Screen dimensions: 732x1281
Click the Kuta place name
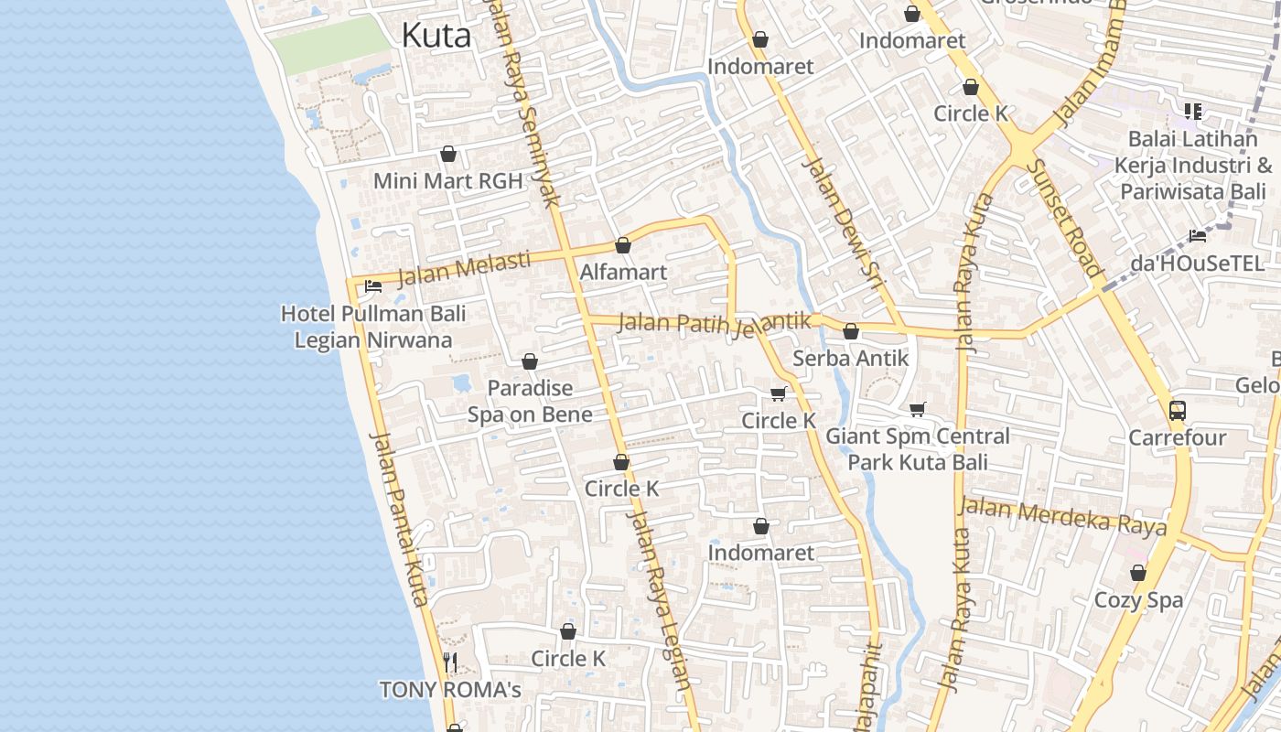(x=436, y=36)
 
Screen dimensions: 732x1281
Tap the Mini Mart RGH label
(x=447, y=181)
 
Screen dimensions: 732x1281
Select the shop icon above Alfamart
(x=623, y=245)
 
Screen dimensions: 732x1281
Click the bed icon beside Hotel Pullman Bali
(x=372, y=286)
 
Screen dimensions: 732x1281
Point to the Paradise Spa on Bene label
(x=530, y=401)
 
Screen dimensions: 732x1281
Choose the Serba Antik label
(x=851, y=358)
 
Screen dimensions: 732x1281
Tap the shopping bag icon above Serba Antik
(x=851, y=331)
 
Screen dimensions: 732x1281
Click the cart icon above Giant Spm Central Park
(x=918, y=409)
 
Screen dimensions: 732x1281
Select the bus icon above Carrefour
(x=1177, y=411)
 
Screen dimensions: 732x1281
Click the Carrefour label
(x=1177, y=437)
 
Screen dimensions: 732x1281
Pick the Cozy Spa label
(x=1138, y=600)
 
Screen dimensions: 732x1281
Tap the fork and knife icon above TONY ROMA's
(x=449, y=662)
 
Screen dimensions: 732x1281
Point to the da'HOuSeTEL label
(x=1198, y=263)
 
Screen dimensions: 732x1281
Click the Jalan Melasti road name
(x=464, y=267)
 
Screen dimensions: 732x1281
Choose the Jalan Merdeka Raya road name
(x=1062, y=516)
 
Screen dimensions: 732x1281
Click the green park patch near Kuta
(x=330, y=45)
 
